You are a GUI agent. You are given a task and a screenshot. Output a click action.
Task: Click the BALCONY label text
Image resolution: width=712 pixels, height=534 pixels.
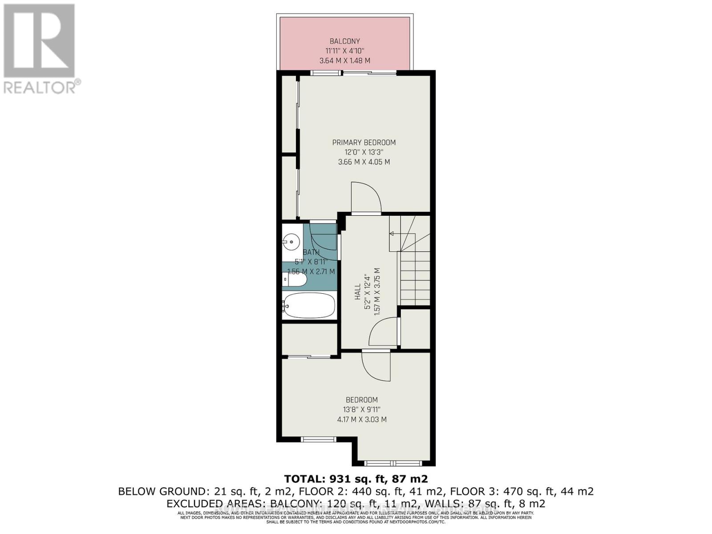pos(345,41)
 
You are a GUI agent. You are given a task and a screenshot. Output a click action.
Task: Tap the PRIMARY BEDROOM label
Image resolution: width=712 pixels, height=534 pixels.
pos(364,142)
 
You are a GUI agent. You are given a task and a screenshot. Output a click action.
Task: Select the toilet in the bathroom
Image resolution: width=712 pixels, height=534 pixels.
pos(295,280)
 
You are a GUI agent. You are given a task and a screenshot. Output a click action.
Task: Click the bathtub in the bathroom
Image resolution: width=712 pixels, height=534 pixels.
pos(308,305)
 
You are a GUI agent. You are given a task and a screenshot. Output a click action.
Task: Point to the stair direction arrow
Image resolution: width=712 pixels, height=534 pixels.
pos(392,234)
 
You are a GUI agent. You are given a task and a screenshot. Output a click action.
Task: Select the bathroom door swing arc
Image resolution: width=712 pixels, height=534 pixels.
pos(324,243)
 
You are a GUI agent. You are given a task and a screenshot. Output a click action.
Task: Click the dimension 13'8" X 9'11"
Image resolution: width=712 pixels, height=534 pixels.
pos(362,409)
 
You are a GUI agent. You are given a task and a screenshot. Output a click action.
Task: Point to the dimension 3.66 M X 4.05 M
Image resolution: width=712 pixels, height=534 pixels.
pos(364,162)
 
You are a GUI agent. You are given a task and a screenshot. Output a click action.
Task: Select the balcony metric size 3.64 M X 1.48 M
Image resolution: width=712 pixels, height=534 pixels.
pos(345,61)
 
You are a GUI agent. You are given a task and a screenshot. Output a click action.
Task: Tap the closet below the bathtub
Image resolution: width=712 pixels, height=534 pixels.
pos(309,339)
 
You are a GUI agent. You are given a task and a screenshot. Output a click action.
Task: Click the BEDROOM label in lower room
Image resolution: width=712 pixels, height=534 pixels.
pos(362,400)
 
